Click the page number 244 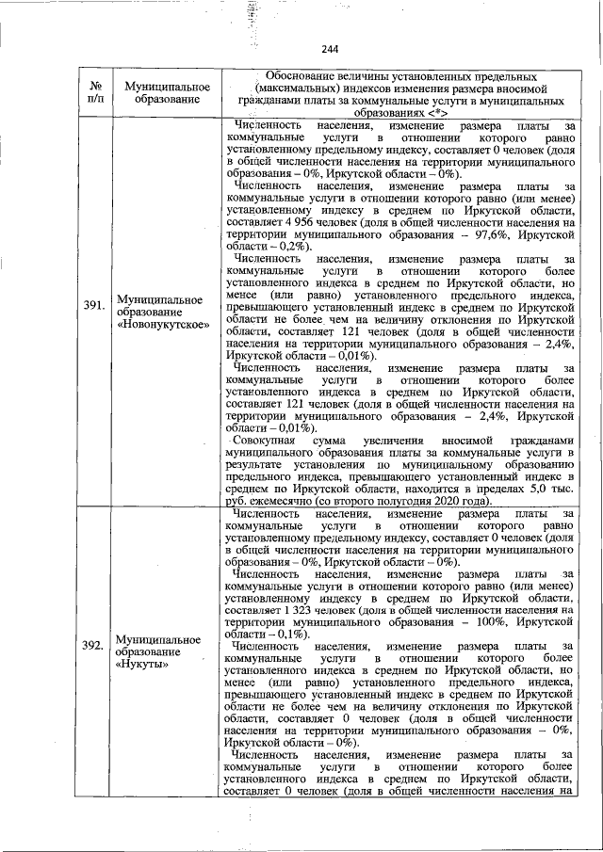coord(329,50)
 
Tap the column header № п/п coord(92,91)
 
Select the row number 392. coord(92,645)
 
